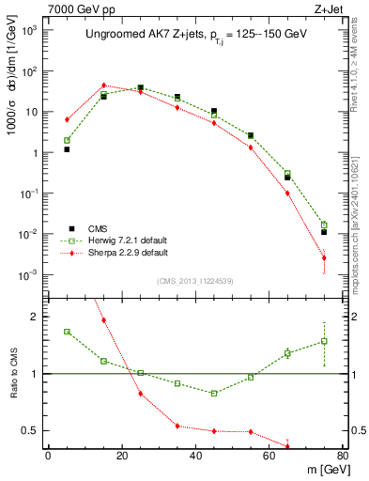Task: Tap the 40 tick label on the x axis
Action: (195, 456)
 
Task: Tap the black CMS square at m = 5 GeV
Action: (67, 149)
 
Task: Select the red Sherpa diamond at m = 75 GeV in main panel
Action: (324, 257)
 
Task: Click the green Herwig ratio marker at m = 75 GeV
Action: (324, 341)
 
